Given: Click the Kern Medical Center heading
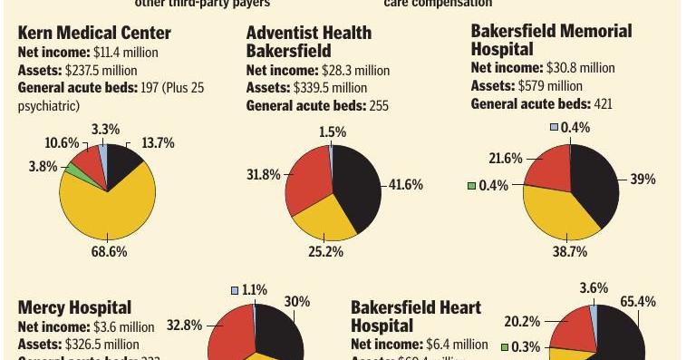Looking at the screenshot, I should [94, 34].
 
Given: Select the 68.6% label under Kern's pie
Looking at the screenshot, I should [108, 252].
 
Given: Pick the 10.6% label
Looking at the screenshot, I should [62, 144].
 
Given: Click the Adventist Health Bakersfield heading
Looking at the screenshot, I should [309, 41].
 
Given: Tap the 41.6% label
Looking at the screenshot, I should [407, 185].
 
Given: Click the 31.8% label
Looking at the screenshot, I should [264, 174].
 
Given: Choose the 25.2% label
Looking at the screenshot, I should [325, 251].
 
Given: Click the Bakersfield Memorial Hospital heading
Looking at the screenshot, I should [551, 40].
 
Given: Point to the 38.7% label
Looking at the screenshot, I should [570, 252].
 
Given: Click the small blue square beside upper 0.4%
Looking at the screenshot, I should [554, 128].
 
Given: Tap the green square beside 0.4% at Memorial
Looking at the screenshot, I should [471, 186].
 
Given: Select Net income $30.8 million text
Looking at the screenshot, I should [543, 68].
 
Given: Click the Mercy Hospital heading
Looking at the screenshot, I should [74, 308].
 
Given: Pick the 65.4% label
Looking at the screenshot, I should [638, 301].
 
